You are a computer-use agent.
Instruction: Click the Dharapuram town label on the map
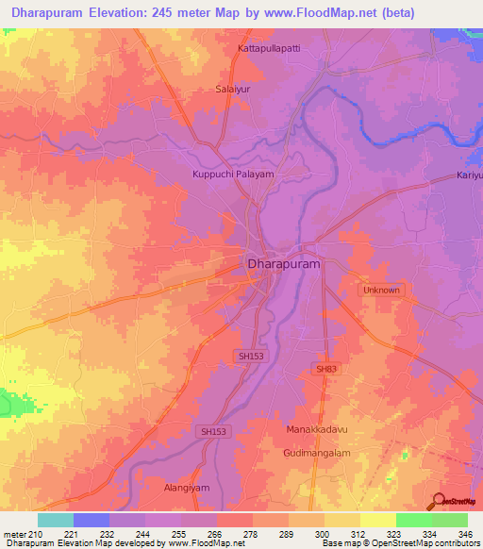pyautogui.click(x=283, y=266)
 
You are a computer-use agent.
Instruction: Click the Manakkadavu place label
pyautogui.click(x=318, y=429)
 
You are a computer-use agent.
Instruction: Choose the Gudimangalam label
pyautogui.click(x=320, y=454)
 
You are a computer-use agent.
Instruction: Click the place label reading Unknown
pyautogui.click(x=382, y=291)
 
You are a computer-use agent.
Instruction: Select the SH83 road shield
pyautogui.click(x=325, y=368)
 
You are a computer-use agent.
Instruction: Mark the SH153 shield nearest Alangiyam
pyautogui.click(x=214, y=431)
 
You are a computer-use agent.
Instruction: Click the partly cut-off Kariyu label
pyautogui.click(x=469, y=175)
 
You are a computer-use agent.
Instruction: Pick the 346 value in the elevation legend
pyautogui.click(x=465, y=534)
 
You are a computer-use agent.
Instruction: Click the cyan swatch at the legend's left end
pyautogui.click(x=55, y=520)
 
